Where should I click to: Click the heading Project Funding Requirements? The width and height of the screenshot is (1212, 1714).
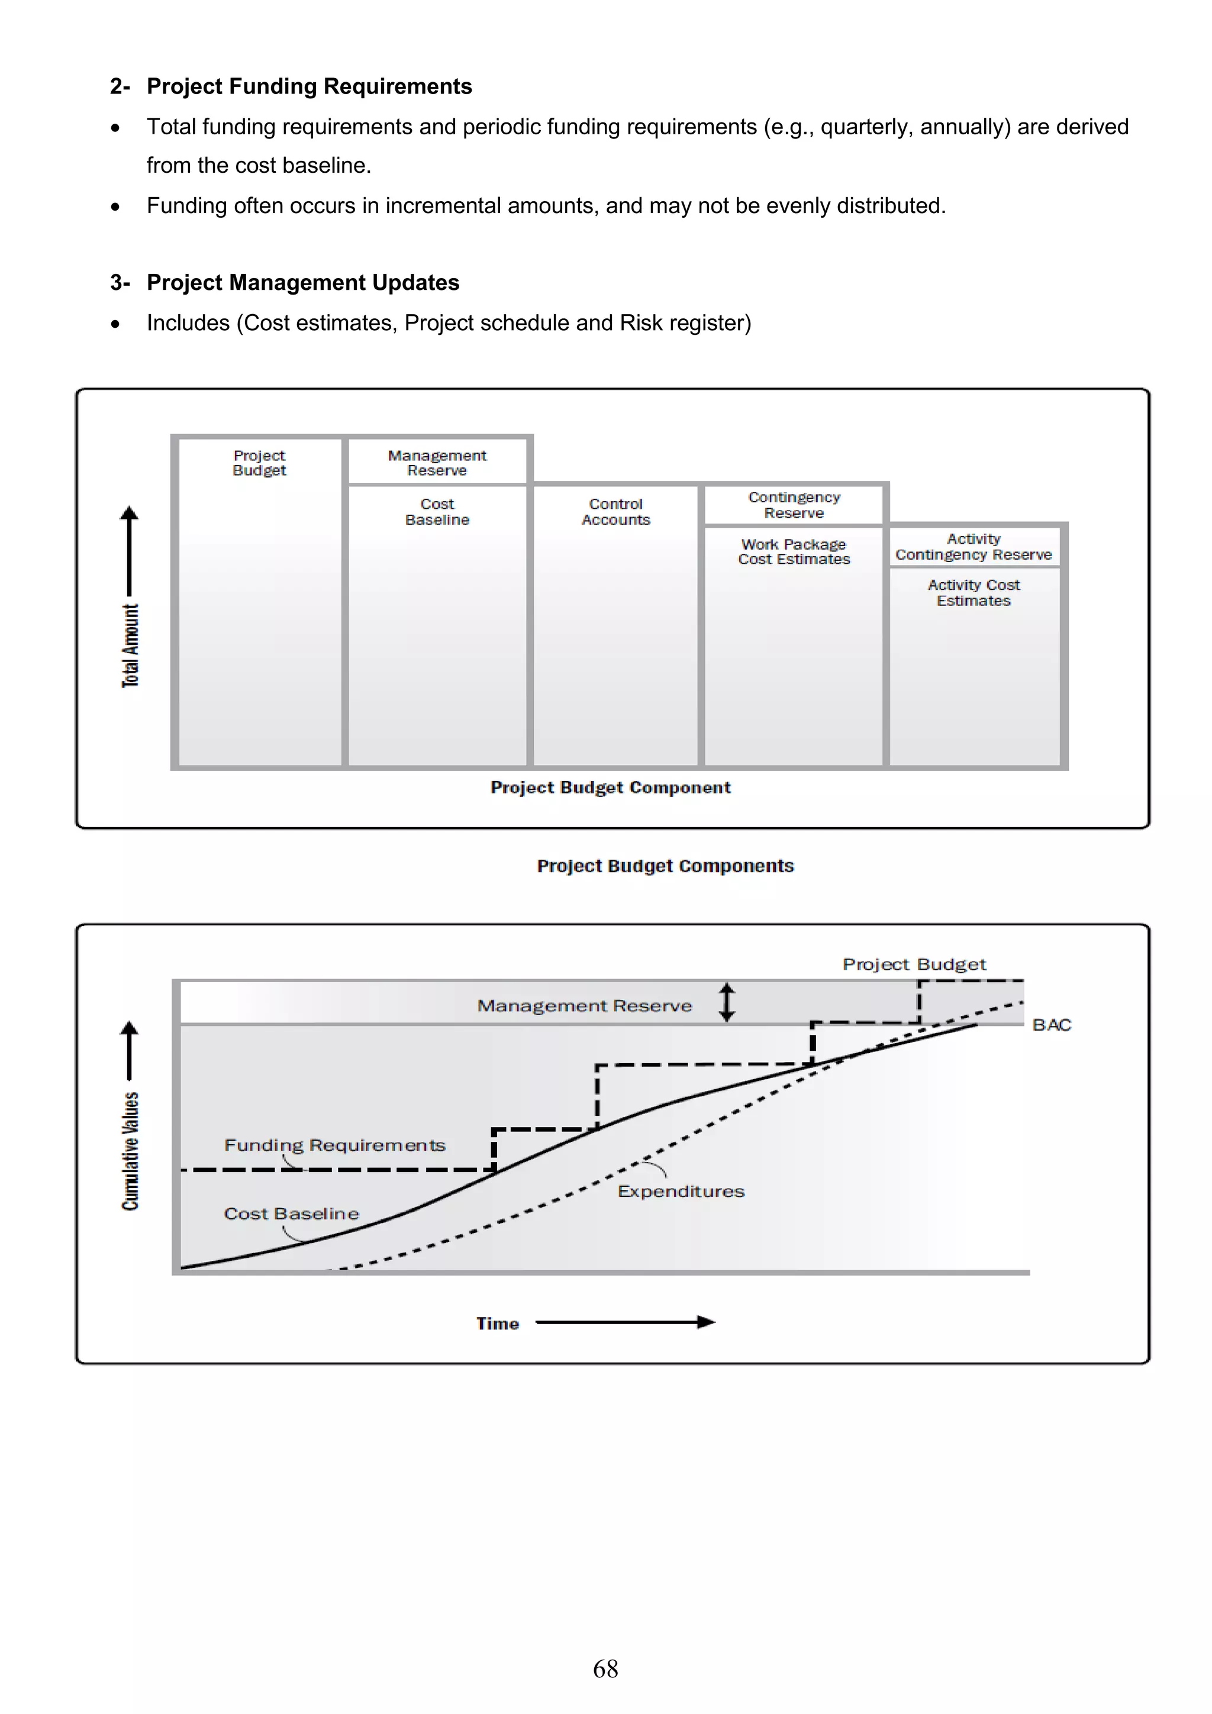click(x=308, y=86)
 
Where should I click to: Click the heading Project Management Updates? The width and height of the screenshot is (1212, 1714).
click(x=302, y=283)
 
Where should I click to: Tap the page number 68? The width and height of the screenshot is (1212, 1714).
click(x=605, y=1668)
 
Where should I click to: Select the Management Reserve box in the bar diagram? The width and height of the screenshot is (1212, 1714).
click(x=437, y=463)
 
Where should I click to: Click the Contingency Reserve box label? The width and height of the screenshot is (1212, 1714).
click(x=794, y=505)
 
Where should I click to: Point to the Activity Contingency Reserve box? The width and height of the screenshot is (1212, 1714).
click(x=973, y=547)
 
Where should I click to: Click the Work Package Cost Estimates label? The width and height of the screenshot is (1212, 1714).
click(x=794, y=551)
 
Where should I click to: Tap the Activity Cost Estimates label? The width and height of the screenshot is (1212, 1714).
click(x=973, y=593)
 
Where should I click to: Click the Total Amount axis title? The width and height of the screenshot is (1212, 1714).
click(x=131, y=645)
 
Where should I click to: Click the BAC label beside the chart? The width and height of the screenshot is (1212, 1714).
click(x=1052, y=1025)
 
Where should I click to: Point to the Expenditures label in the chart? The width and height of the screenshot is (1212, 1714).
click(x=681, y=1192)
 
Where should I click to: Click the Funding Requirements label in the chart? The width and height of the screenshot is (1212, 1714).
click(x=334, y=1145)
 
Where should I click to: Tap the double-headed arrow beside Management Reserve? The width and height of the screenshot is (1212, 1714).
click(x=727, y=1002)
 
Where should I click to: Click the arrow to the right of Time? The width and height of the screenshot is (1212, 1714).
click(x=626, y=1322)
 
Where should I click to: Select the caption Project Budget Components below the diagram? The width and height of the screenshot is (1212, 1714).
click(x=665, y=866)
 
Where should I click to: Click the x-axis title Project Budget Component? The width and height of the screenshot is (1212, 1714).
click(x=610, y=787)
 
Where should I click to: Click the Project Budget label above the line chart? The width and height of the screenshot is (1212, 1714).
click(x=914, y=964)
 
